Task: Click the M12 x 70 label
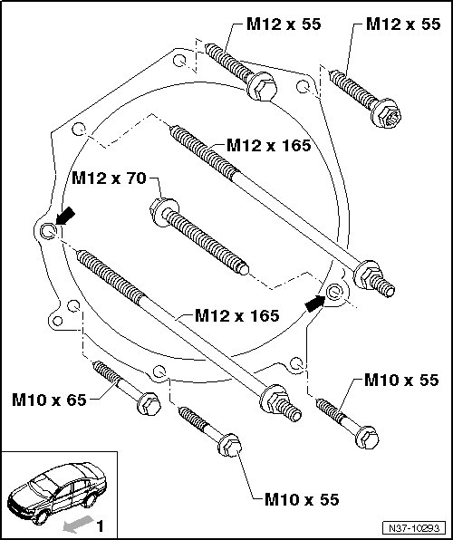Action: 109,178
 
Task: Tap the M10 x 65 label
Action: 49,400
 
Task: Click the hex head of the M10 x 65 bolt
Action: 149,403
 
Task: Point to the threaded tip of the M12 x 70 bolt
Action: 244,269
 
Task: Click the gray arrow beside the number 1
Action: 78,525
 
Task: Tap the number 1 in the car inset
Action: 101,526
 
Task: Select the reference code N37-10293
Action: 414,528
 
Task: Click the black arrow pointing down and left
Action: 65,216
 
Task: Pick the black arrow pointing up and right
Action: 315,304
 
